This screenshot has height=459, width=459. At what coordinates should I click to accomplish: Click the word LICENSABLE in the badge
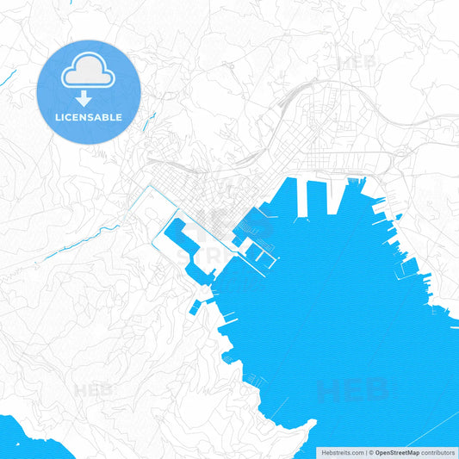(x=89, y=116)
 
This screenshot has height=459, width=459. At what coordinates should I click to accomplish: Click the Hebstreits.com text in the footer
(x=342, y=452)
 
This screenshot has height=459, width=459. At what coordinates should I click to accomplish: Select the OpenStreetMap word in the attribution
(x=397, y=452)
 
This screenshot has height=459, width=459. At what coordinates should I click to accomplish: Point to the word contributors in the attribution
(x=438, y=452)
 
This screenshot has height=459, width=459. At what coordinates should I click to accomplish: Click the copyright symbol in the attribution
(x=370, y=452)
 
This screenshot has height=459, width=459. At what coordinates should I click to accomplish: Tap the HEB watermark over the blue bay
(x=353, y=390)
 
